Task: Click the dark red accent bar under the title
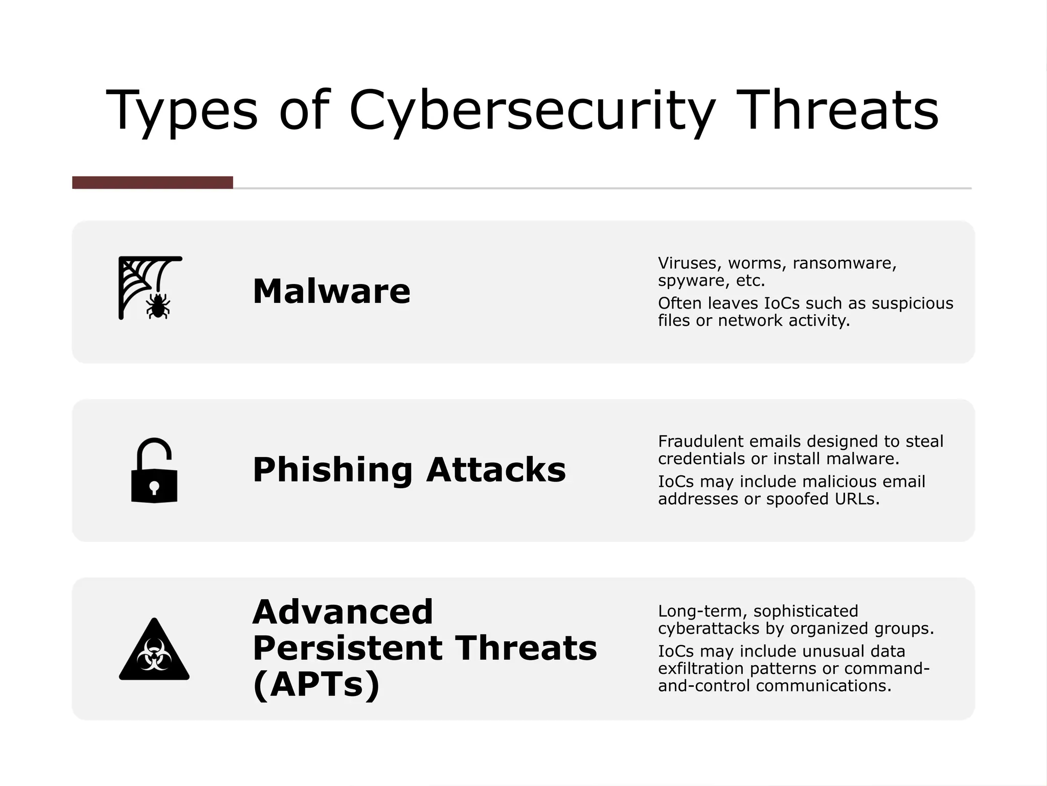click(152, 183)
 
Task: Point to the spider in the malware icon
click(158, 306)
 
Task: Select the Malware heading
click(331, 291)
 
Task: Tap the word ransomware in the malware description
click(845, 263)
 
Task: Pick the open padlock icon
click(154, 470)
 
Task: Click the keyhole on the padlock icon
click(154, 487)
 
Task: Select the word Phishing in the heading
click(332, 470)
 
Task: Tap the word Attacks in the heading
click(496, 470)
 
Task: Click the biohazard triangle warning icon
click(154, 652)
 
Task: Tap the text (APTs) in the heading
click(316, 685)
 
